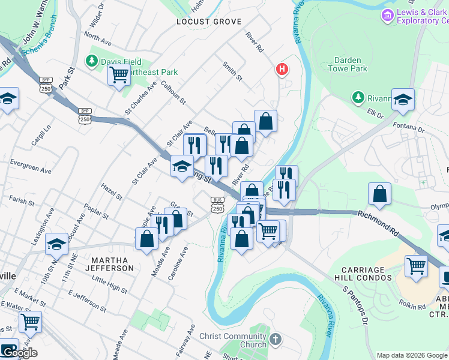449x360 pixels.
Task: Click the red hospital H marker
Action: [x=281, y=70]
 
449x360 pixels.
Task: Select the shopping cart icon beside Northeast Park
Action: [x=119, y=76]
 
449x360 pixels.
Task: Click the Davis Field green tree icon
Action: [x=92, y=61]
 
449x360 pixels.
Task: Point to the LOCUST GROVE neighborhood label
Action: [x=209, y=22]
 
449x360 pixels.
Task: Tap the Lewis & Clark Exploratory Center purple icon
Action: [x=388, y=15]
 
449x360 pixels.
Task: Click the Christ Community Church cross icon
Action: [x=276, y=339]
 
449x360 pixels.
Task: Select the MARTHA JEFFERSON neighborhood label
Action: [x=112, y=264]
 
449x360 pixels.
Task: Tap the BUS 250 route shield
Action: [x=217, y=205]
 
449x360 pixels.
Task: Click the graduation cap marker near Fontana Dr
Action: [x=403, y=100]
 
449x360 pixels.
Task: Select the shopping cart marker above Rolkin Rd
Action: [x=416, y=266]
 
